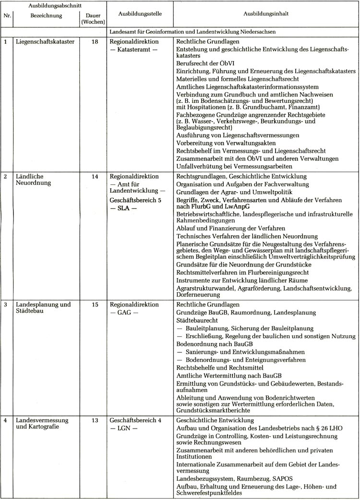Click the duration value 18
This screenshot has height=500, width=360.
(x=95, y=42)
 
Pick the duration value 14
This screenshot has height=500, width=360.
(x=95, y=176)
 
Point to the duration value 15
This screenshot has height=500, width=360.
(x=95, y=305)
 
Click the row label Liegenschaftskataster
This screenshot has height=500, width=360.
(x=45, y=42)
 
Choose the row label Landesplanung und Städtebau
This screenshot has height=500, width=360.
(x=43, y=308)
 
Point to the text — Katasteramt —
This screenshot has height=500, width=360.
(x=133, y=49)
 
